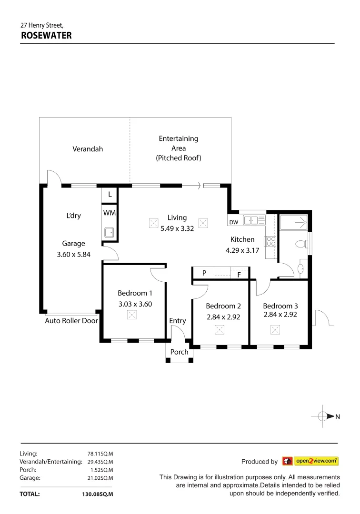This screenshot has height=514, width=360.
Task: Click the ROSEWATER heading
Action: pyautogui.click(x=46, y=35)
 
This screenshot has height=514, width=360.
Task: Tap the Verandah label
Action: pyautogui.click(x=88, y=149)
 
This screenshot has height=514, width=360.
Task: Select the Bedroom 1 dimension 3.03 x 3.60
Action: pyautogui.click(x=135, y=304)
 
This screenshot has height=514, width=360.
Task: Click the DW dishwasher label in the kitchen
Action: pyautogui.click(x=233, y=222)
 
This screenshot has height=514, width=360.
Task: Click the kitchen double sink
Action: pyautogui.click(x=254, y=220)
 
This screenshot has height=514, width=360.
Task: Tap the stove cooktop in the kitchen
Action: pyautogui.click(x=271, y=241)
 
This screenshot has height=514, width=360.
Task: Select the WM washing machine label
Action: pyautogui.click(x=110, y=213)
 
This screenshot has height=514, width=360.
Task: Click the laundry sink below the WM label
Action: pyautogui.click(x=109, y=232)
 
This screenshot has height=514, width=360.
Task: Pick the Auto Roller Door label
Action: pyautogui.click(x=71, y=321)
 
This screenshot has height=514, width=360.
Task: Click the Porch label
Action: pyautogui.click(x=180, y=352)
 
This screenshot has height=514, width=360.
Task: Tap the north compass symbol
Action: pyautogui.click(x=324, y=416)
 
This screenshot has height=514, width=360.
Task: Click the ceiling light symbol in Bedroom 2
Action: pyautogui.click(x=220, y=329)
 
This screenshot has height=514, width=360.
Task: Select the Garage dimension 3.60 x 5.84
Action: pyautogui.click(x=73, y=254)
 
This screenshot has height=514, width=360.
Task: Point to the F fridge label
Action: pyautogui.click(x=239, y=275)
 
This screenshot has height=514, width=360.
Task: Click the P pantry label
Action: pyautogui.click(x=204, y=273)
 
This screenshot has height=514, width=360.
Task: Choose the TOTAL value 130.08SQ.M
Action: pyautogui.click(x=98, y=494)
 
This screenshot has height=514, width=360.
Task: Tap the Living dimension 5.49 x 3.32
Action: pyautogui.click(x=177, y=228)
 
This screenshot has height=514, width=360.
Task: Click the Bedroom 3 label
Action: pyautogui.click(x=280, y=306)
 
